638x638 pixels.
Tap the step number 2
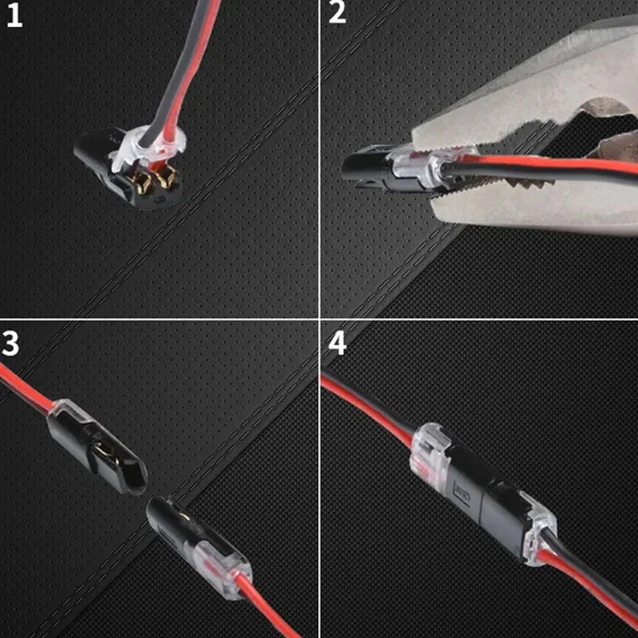coord(338,14)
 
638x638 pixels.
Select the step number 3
coord(11,342)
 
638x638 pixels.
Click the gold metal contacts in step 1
coord(156,177)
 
